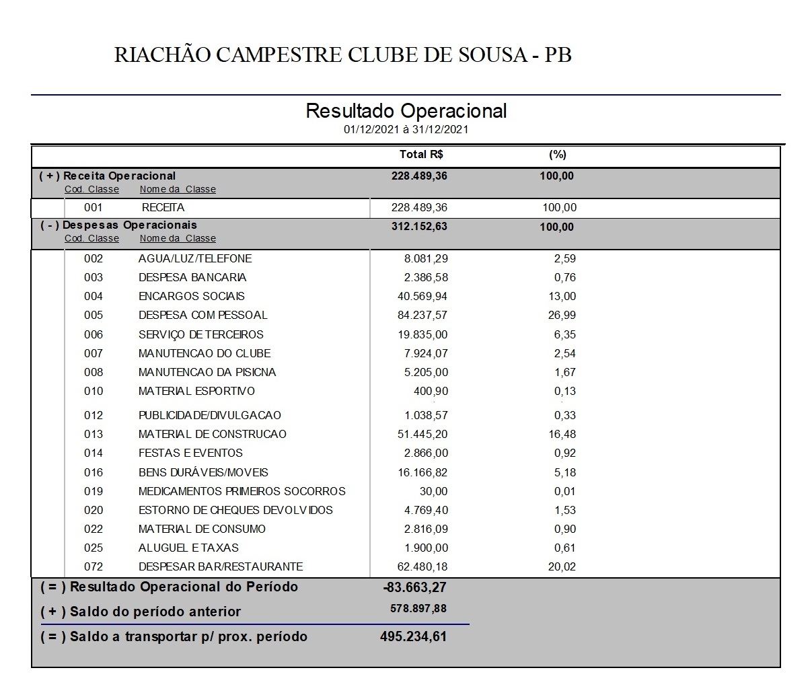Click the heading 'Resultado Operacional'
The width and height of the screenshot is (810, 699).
pos(406,111)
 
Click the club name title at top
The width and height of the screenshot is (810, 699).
pos(343,54)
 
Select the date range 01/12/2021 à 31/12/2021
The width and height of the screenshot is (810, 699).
pos(406,130)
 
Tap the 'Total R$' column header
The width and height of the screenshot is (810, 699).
pos(421,155)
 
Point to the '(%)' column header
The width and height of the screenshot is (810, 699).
pos(558,155)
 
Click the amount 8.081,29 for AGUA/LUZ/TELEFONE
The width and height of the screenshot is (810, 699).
pos(426,258)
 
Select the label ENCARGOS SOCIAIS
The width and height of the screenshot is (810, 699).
pos(192,296)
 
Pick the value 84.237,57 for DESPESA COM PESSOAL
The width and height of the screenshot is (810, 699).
pos(422,315)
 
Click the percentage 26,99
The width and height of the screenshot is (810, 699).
pos(562,315)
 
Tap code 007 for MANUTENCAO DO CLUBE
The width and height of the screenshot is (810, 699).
pos(94,353)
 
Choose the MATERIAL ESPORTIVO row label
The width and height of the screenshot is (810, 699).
pos(196,391)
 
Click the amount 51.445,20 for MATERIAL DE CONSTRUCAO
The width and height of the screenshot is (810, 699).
pos(422,434)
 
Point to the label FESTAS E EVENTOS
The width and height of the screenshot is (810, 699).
pos(190,453)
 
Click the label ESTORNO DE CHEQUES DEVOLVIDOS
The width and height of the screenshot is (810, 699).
pos(235,510)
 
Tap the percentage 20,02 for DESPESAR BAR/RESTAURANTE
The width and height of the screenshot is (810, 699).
pos(562,566)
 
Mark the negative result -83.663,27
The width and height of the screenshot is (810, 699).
pos(414,587)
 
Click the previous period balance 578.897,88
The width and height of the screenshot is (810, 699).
pos(418,609)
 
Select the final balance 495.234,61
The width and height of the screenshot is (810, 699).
pos(413,636)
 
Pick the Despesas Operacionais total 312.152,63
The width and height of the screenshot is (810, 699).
pos(419,227)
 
